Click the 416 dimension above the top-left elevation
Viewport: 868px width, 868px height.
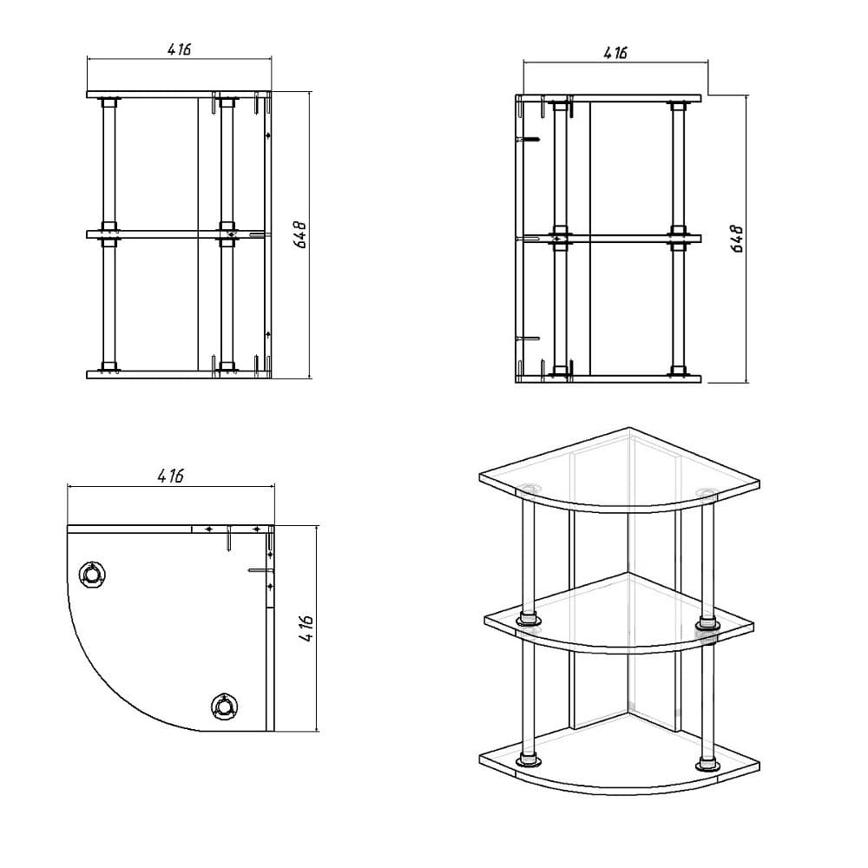[x=179, y=49]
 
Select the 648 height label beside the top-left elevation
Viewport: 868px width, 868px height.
[x=301, y=234]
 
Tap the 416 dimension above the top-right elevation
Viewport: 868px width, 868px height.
[x=615, y=53]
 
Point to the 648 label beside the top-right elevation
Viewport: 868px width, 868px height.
[x=737, y=240]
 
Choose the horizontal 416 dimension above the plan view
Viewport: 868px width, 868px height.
[x=170, y=476]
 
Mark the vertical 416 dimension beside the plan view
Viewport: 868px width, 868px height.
[x=306, y=628]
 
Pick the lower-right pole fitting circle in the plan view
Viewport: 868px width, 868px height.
[x=224, y=707]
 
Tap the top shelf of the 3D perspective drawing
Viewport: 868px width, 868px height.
[x=620, y=470]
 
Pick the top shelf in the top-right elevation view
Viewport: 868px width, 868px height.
[x=608, y=98]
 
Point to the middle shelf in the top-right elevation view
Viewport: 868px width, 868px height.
[x=608, y=240]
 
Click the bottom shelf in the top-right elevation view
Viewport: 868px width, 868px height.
[x=608, y=379]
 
